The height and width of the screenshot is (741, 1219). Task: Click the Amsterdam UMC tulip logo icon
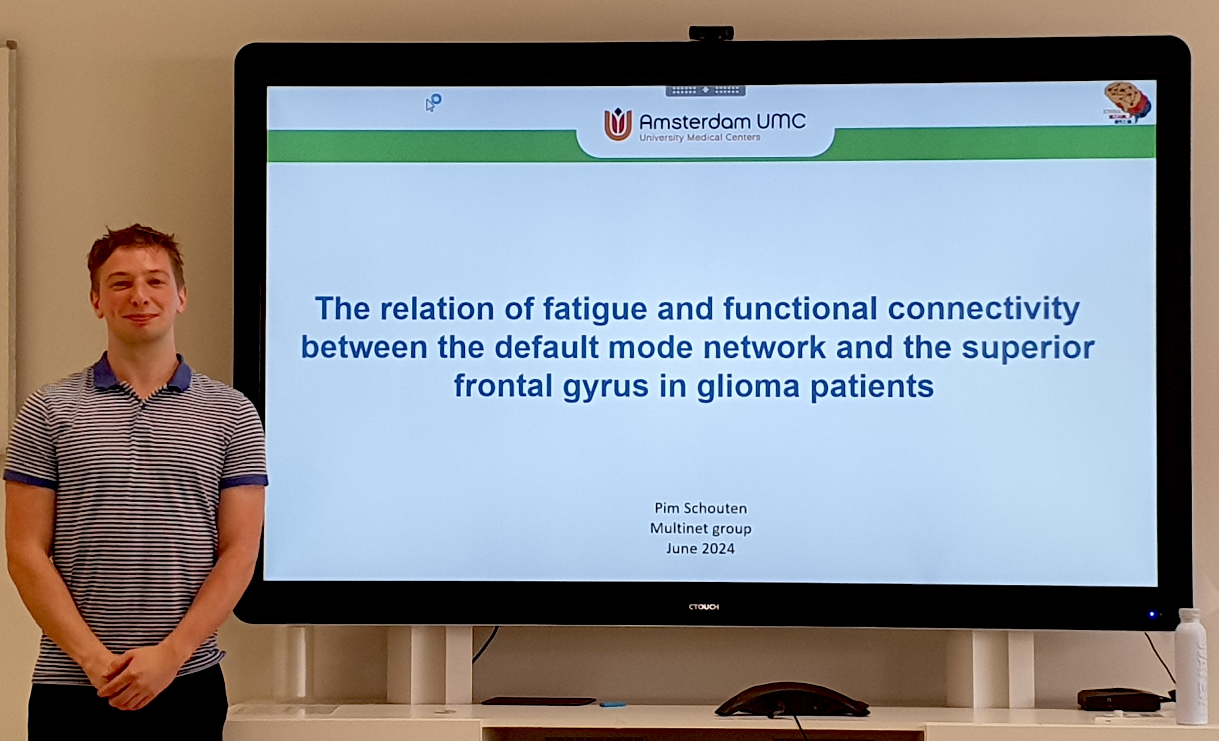point(618,124)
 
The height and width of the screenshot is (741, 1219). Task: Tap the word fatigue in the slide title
point(595,309)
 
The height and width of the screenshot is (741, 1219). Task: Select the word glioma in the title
point(748,387)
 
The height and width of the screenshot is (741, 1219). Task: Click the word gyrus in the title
point(606,388)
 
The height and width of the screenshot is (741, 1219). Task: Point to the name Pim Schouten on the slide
point(700,508)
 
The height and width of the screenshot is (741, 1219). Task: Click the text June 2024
point(700,549)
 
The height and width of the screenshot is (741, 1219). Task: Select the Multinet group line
point(700,529)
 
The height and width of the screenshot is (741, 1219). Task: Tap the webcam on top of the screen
point(711,33)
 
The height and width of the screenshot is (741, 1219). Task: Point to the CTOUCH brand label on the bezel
point(704,607)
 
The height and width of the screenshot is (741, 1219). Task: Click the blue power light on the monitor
point(1152,615)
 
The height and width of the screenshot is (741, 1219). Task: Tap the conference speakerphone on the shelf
point(792,700)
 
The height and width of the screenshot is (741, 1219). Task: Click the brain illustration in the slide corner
point(1127,102)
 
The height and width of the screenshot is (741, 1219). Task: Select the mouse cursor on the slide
point(430,105)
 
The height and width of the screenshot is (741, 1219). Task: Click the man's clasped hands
point(135,676)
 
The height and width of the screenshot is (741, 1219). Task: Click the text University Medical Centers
point(700,138)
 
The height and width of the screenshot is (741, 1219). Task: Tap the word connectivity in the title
point(984,309)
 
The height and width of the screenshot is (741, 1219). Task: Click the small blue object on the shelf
point(613,704)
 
